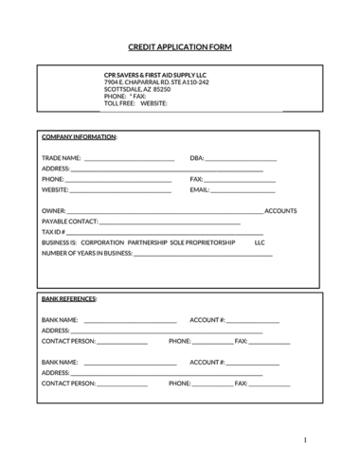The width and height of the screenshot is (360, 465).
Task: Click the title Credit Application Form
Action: click(179, 46)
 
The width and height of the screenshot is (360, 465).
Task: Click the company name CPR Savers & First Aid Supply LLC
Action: click(154, 76)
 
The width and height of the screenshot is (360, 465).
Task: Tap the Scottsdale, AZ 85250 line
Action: click(137, 89)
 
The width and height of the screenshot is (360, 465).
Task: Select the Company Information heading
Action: click(79, 137)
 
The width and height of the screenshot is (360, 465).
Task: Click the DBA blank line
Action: click(241, 159)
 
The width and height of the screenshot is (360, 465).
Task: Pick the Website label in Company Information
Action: click(55, 189)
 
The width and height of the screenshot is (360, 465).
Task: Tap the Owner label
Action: click(54, 210)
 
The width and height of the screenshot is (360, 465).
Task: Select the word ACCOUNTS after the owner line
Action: click(280, 210)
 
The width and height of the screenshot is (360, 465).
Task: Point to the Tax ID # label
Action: click(53, 231)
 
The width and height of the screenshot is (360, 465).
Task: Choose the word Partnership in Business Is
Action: click(147, 241)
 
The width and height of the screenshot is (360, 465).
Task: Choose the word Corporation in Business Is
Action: click(101, 241)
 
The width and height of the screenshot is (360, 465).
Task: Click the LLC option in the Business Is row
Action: click(260, 241)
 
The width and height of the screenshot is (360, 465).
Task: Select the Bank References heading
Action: click(69, 298)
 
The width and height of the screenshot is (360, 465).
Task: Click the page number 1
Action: click(305, 440)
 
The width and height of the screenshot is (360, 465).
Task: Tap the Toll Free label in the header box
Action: click(118, 102)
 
